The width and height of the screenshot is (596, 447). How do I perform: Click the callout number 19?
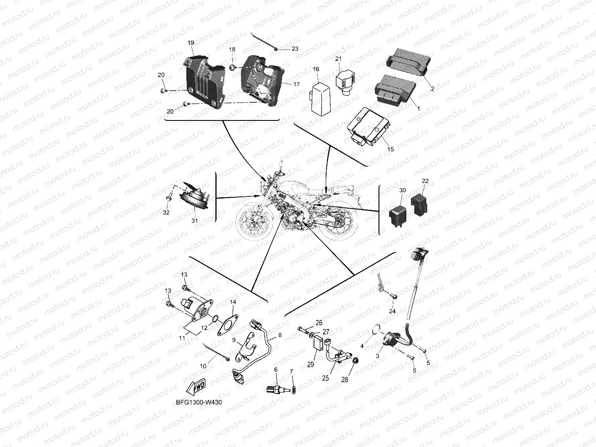[x=191, y=43]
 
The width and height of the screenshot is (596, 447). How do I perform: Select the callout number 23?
[x=295, y=49]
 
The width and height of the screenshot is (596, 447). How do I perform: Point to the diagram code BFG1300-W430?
[x=199, y=402]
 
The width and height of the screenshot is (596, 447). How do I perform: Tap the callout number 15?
[x=390, y=149]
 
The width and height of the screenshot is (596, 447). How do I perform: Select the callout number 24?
[x=392, y=311]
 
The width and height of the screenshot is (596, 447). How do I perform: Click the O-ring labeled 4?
[x=377, y=330]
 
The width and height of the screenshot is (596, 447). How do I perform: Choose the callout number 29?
[x=311, y=365]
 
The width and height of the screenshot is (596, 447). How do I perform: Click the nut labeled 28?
[x=355, y=361]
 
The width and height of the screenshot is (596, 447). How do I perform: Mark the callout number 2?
[x=432, y=89]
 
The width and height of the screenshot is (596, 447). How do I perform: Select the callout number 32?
[x=166, y=212]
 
